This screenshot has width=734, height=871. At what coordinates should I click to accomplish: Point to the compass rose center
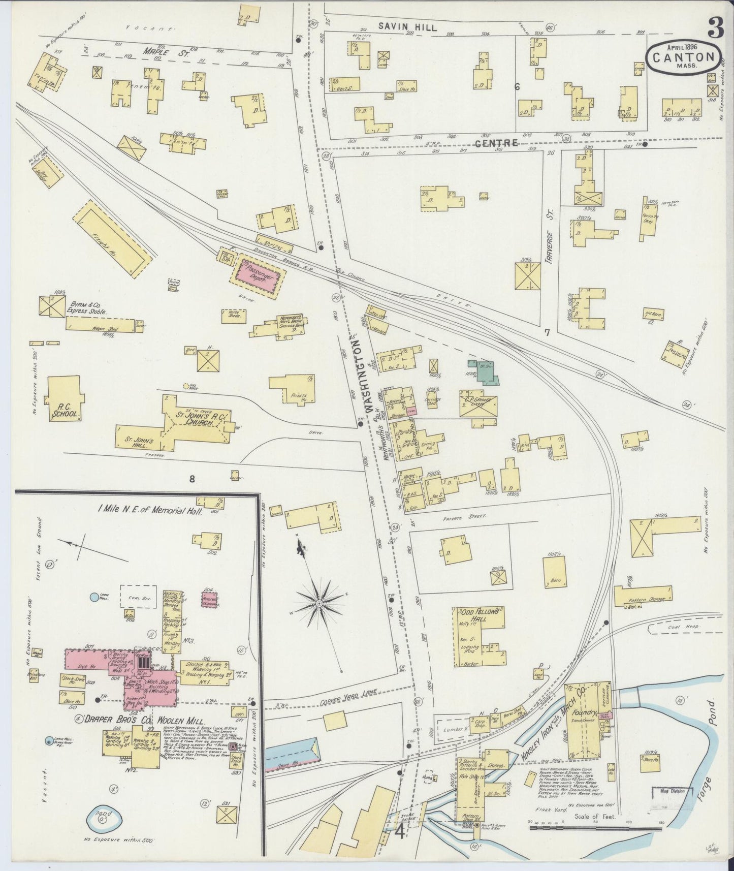[x=319, y=603]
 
